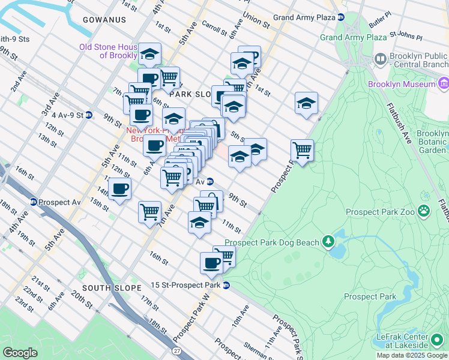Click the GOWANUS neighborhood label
tap(104, 20)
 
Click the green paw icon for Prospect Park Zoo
tap(424, 211)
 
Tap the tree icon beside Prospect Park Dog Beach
tap(328, 242)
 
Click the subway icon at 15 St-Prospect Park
tap(226, 285)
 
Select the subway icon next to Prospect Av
tap(34, 202)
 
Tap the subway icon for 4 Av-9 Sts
tap(88, 115)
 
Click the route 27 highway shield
tap(176, 350)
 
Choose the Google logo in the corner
tap(20, 352)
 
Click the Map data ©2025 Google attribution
tap(412, 356)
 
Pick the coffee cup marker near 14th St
tap(120, 189)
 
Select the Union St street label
tap(256, 20)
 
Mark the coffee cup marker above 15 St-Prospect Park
tap(211, 262)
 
